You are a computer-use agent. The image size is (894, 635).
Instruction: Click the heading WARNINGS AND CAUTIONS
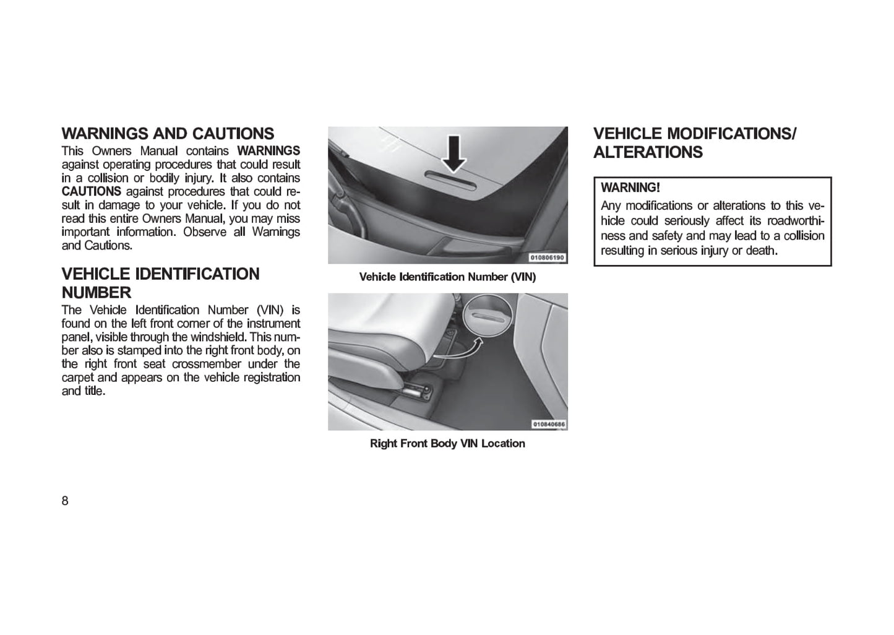pos(168,134)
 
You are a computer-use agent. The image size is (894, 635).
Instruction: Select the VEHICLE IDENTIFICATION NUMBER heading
pos(160,283)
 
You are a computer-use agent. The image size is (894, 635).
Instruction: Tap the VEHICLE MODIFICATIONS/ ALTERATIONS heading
pos(695,143)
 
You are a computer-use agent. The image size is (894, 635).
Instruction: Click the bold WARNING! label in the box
pos(630,188)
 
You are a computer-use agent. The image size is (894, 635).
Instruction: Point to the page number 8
pos(65,501)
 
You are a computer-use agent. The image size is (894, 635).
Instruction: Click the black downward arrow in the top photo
pos(454,153)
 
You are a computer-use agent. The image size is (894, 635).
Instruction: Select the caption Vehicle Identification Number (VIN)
pos(447,277)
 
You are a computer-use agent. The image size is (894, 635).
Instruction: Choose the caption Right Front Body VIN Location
pos(447,443)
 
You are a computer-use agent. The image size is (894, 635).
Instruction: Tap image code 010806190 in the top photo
pos(547,257)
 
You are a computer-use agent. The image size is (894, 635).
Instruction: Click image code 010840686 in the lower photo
pos(548,424)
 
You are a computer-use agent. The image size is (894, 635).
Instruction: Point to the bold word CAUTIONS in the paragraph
pos(91,191)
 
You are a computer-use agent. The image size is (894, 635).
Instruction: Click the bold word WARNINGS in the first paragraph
pos(269,150)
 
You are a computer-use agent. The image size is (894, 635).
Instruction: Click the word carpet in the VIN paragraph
pos(79,378)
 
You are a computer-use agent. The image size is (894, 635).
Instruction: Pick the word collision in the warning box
pos(804,236)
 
